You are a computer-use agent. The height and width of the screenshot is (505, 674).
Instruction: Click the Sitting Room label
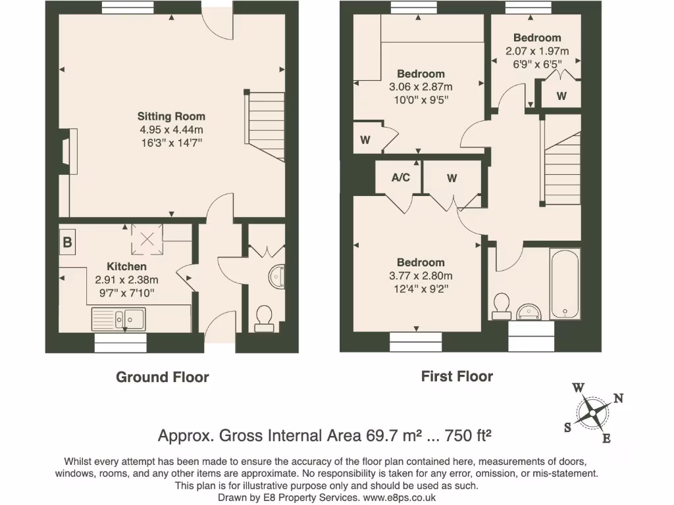click(x=171, y=116)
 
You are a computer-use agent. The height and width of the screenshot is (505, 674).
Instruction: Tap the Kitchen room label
click(x=126, y=266)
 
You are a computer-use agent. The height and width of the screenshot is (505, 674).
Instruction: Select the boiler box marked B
click(x=67, y=242)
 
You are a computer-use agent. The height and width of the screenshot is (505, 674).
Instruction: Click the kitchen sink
click(x=119, y=320)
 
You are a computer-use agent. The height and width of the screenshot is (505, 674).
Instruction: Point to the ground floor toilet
click(x=265, y=316)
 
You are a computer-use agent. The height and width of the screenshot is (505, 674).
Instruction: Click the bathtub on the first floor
click(x=565, y=284)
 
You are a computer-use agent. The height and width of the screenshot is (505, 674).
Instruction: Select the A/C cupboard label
click(x=400, y=178)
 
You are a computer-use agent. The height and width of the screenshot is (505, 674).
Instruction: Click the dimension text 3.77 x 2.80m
click(x=421, y=276)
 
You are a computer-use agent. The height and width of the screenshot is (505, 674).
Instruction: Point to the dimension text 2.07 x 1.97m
click(x=537, y=51)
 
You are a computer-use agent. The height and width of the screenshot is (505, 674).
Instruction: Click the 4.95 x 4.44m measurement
click(x=171, y=130)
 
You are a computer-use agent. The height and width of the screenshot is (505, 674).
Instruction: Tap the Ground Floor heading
click(x=162, y=377)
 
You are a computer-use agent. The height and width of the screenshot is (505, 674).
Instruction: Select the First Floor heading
click(x=457, y=377)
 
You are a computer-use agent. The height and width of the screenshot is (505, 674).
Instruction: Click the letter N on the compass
click(x=618, y=398)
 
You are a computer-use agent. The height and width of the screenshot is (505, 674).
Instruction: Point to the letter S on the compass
click(x=567, y=427)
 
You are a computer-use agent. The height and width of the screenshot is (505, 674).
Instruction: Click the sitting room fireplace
click(x=68, y=152)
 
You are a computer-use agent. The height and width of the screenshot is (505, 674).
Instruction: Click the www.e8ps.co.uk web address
click(x=399, y=498)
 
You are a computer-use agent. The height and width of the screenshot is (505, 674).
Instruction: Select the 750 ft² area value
click(x=469, y=435)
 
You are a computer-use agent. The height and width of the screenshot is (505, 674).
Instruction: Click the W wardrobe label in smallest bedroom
click(x=561, y=96)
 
